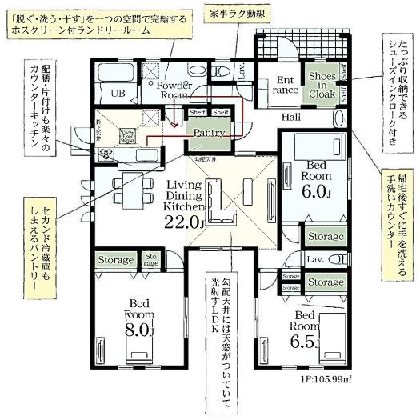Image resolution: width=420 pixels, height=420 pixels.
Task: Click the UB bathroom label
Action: (118, 93)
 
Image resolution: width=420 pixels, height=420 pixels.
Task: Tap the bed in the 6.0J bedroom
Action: (313, 146)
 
